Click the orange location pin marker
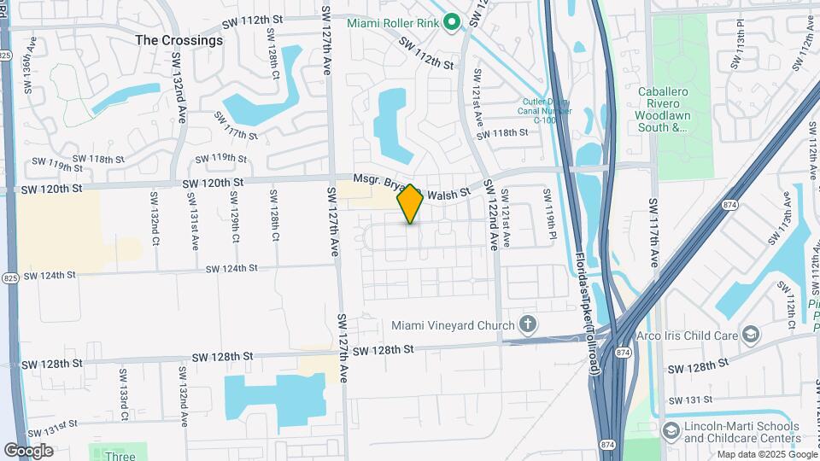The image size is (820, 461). point(411,202)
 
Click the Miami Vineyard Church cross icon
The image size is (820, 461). point(528,324)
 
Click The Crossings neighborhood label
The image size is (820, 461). point(179,40)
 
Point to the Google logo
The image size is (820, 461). point(28,450)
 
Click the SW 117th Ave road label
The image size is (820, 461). point(654,231)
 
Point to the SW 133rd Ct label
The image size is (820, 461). point(123,394)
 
